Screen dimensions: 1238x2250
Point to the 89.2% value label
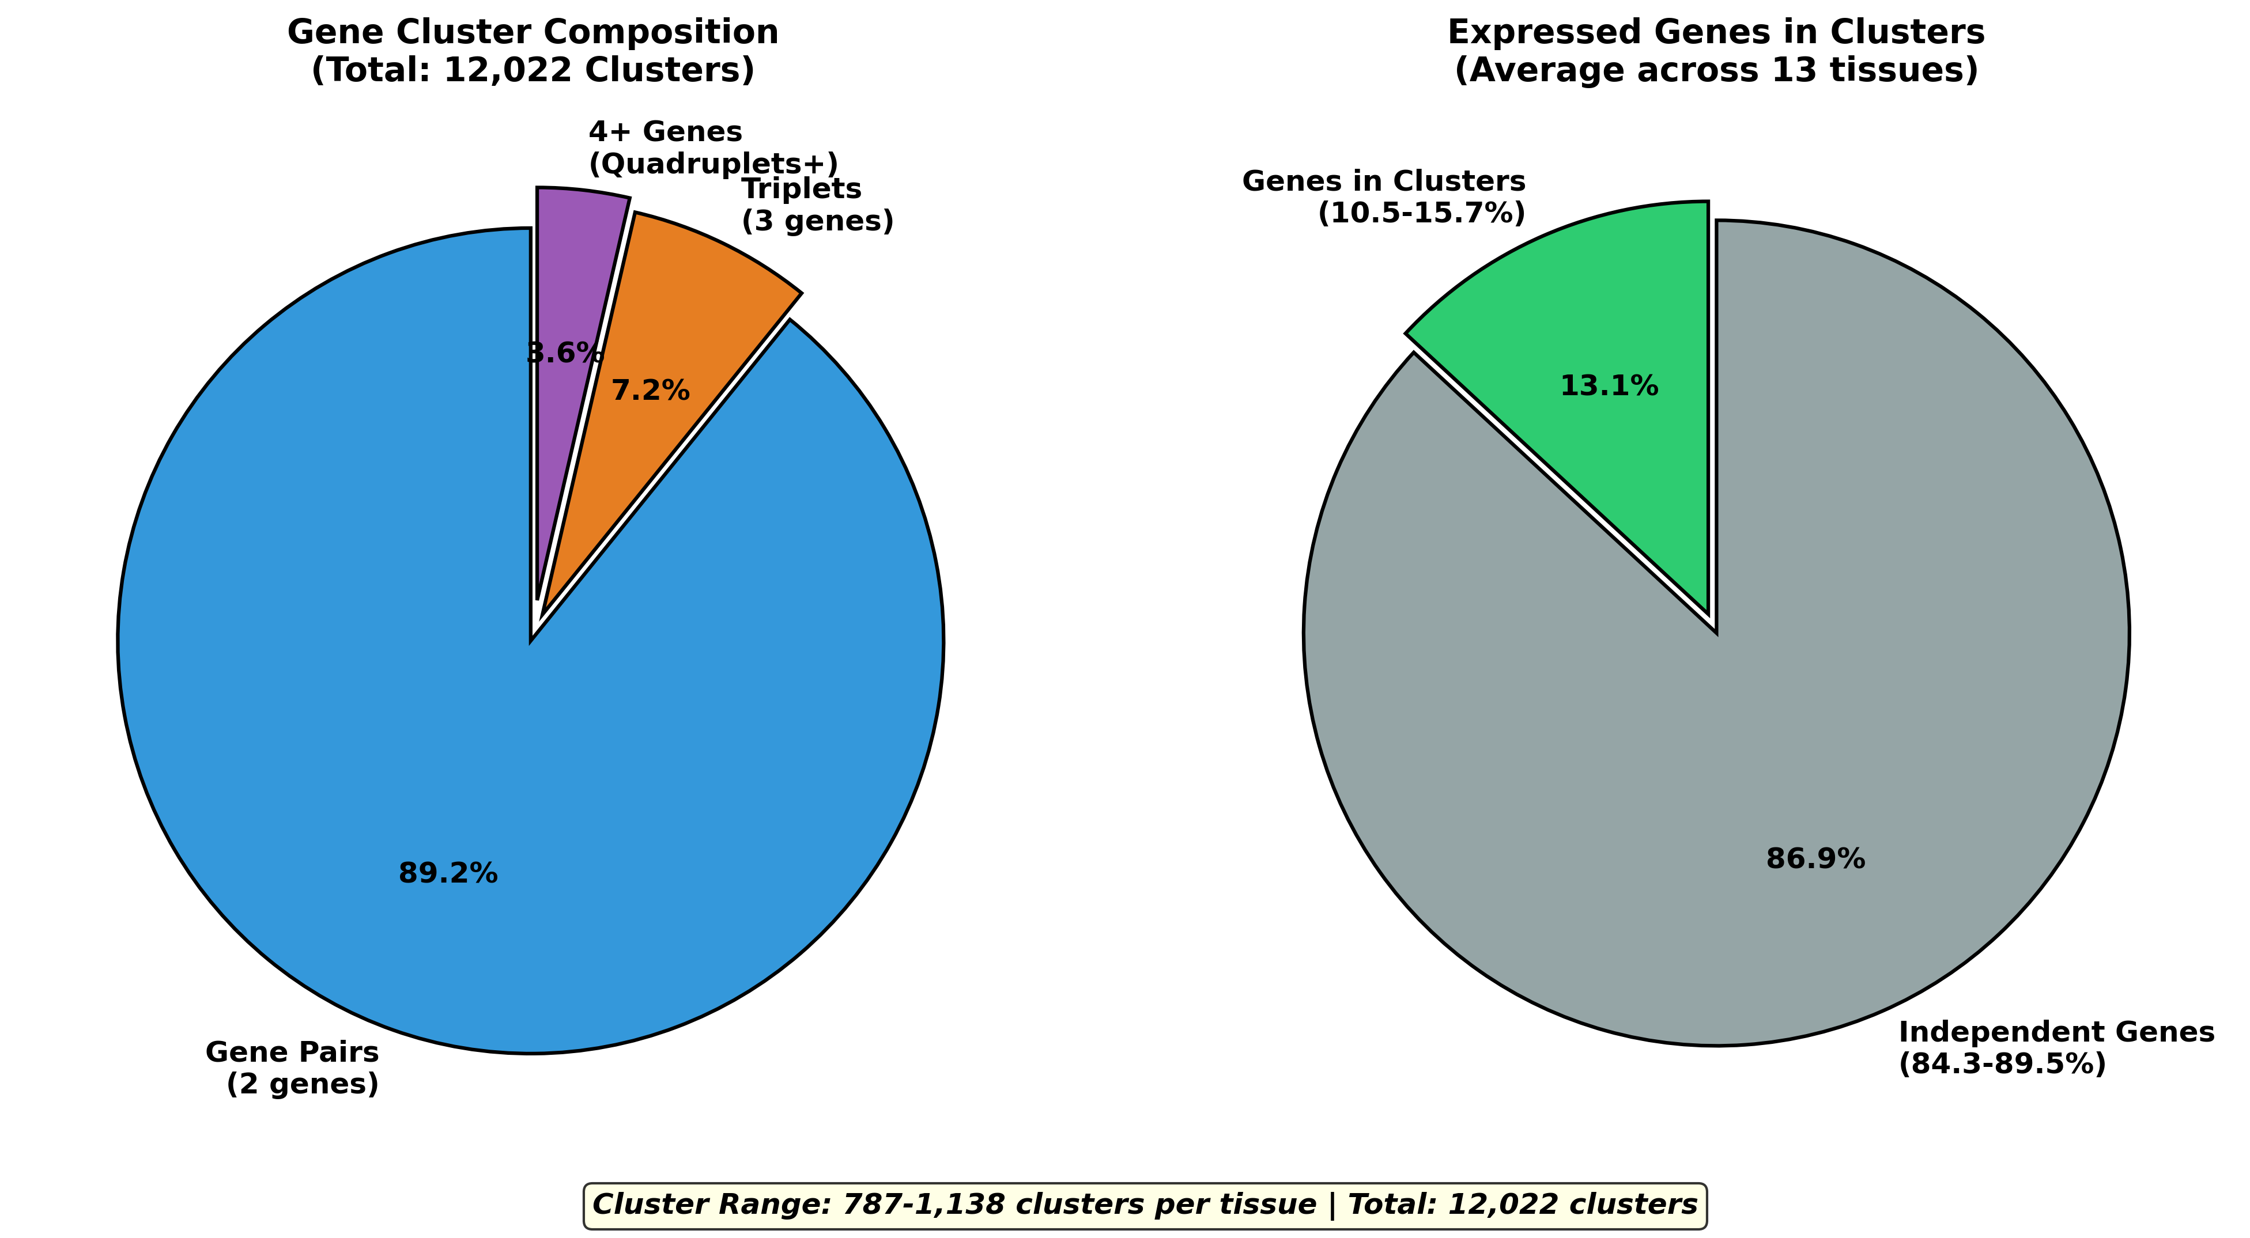[x=448, y=873]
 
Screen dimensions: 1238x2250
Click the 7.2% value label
[x=650, y=390]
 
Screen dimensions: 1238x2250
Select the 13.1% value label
[x=1609, y=386]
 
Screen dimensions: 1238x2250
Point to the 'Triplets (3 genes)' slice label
[x=817, y=205]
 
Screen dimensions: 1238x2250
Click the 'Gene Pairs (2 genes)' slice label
[x=293, y=1067]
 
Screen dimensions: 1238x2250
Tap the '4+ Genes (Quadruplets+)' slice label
[x=712, y=147]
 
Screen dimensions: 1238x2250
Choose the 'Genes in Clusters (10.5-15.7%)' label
[x=1384, y=198]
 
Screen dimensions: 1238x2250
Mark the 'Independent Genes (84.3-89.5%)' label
[x=2056, y=1048]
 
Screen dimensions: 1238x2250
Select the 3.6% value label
[x=566, y=354]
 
